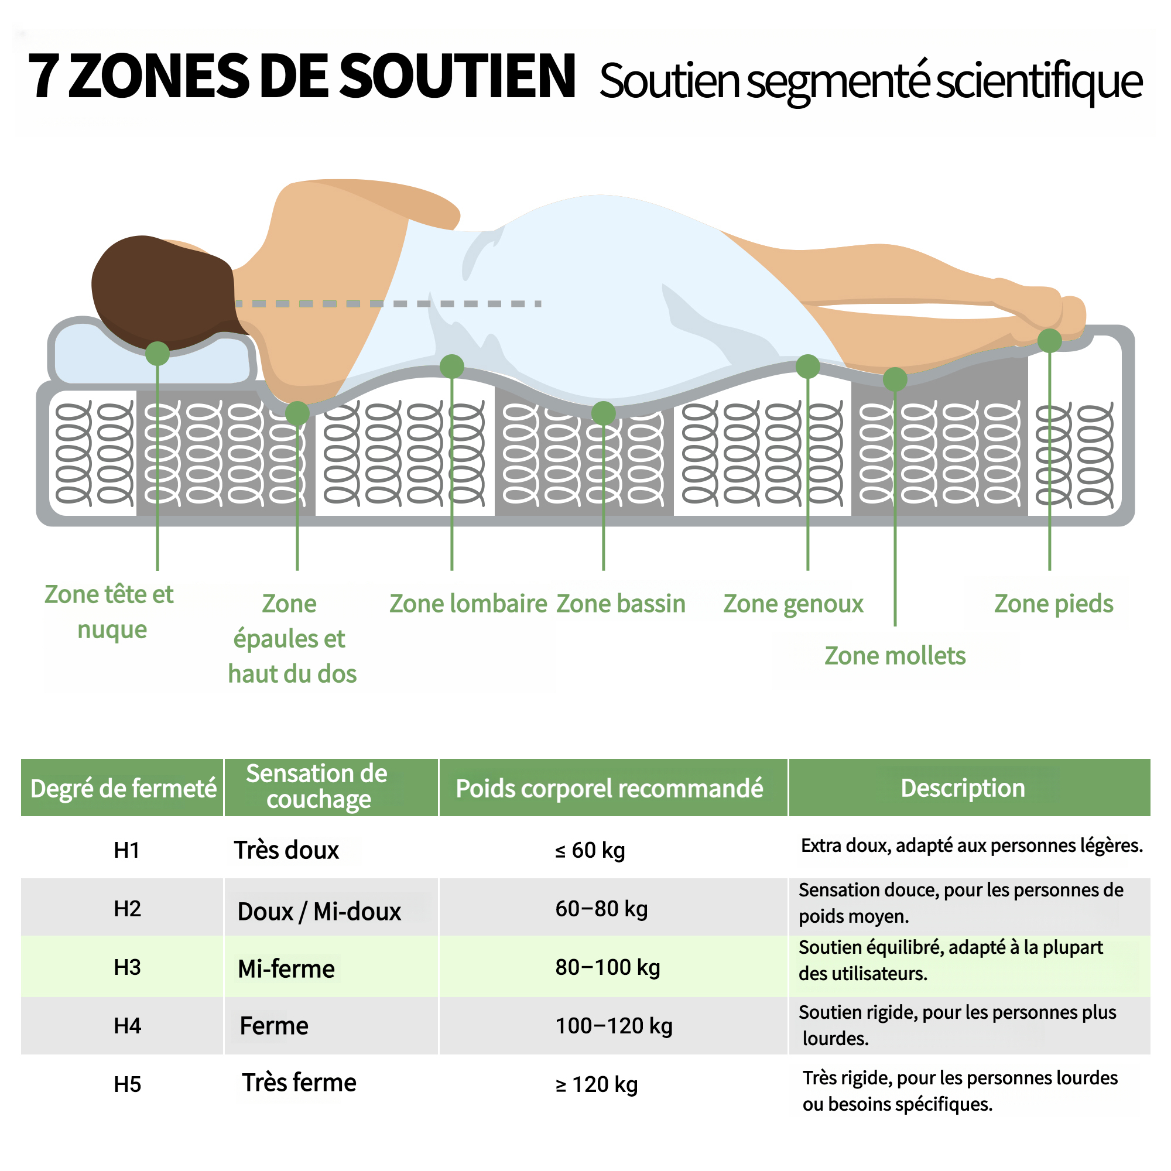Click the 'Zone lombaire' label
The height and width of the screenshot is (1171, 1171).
point(468,604)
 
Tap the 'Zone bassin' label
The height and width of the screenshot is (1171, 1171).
point(621,604)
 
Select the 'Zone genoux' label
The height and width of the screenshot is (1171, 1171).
point(793,604)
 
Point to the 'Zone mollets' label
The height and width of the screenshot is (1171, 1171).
point(895,656)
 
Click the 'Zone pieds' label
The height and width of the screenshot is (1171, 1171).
point(1053,604)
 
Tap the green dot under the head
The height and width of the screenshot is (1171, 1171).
point(157,354)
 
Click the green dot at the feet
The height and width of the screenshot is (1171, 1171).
point(1050,341)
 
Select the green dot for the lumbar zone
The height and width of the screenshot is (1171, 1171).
point(451,366)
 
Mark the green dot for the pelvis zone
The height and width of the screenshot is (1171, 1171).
point(604,413)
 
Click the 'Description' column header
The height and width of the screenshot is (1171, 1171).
point(963,788)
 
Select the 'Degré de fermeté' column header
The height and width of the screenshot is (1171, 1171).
point(123,789)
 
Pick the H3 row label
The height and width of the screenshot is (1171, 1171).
point(127,967)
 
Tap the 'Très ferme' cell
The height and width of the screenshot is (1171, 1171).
point(299,1083)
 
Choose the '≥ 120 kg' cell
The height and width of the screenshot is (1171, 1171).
point(597,1084)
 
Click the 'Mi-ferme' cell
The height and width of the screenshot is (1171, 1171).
point(286,968)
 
